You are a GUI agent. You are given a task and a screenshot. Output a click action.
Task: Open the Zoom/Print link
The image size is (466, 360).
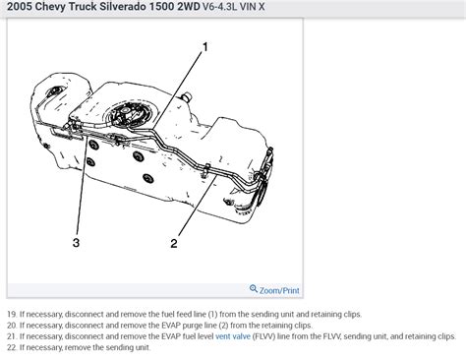pyautogui.click(x=280, y=289)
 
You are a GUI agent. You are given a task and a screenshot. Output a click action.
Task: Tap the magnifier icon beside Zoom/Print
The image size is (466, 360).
pyautogui.click(x=255, y=289)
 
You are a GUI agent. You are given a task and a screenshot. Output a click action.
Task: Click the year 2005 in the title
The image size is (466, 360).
pyautogui.click(x=20, y=9)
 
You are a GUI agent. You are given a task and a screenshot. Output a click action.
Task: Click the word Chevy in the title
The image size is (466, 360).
pyautogui.click(x=60, y=9)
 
